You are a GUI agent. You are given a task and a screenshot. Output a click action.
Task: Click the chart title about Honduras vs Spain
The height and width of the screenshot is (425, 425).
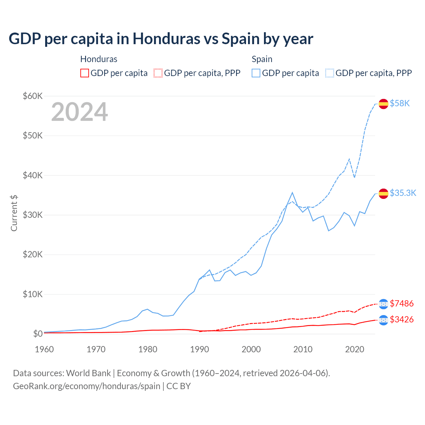pos(161,39)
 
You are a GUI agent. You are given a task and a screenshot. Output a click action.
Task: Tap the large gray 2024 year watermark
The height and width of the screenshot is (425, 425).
pos(79,112)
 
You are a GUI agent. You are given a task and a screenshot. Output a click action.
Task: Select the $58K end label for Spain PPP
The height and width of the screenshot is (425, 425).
pos(400,104)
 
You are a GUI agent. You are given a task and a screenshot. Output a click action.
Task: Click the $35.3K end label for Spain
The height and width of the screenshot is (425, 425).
pos(403,193)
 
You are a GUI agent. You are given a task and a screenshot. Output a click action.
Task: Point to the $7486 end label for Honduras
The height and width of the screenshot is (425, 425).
pos(401,303)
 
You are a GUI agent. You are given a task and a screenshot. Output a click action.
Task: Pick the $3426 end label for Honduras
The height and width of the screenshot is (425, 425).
pos(401,319)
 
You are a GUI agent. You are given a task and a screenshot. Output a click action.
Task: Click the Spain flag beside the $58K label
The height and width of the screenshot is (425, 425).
pos(383,104)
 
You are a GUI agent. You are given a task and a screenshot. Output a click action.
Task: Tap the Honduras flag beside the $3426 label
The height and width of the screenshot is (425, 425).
pos(383,320)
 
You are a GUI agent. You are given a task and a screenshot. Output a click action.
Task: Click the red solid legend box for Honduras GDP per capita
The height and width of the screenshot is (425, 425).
pos(85,73)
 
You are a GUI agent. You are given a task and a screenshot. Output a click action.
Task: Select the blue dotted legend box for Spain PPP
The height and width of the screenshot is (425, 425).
pos(330,73)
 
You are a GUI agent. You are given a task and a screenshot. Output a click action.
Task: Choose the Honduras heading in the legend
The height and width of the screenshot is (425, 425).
pos(99,59)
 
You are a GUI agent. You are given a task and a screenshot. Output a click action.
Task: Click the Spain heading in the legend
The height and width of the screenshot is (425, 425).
pos(262,59)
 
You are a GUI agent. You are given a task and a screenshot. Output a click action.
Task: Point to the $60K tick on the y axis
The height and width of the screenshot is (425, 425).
pos(33,96)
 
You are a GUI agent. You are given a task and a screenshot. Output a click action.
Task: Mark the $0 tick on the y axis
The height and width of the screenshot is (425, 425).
pos(38,334)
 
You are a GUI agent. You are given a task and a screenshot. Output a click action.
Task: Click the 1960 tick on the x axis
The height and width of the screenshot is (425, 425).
pos(44,349)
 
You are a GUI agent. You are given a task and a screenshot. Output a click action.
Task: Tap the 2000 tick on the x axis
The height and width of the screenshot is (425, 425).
pos(251,349)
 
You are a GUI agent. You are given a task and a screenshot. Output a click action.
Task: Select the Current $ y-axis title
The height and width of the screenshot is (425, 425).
pos(14,213)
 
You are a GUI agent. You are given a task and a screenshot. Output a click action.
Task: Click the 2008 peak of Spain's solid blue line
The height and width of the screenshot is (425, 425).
pos(292,193)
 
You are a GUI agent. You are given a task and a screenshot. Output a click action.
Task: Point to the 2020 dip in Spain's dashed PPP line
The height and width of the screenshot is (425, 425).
pos(354,177)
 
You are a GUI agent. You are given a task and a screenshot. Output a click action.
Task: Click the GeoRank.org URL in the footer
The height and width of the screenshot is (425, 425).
pos(87,386)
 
